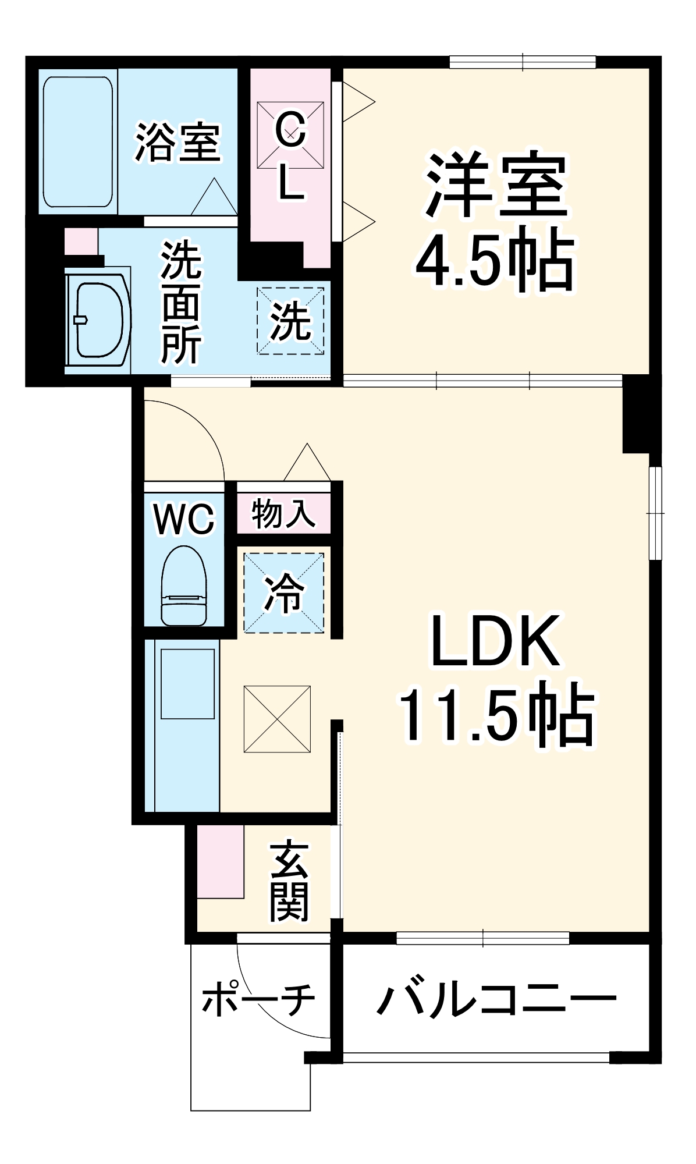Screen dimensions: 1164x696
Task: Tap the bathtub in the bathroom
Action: [78, 141]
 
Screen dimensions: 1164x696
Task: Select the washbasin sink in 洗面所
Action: [98, 320]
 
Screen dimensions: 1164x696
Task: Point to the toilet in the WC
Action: [184, 585]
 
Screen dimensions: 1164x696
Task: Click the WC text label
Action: [184, 519]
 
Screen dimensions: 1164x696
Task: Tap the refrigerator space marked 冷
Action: [283, 592]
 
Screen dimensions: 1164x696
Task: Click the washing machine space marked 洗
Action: [290, 321]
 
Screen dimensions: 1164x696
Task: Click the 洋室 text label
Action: [496, 185]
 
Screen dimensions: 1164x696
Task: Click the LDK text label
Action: [495, 641]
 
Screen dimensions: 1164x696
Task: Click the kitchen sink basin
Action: [187, 683]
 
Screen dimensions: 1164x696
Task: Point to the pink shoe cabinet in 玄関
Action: [220, 861]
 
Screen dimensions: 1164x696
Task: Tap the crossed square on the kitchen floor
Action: [277, 719]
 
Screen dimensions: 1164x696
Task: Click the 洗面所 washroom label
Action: [181, 303]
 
